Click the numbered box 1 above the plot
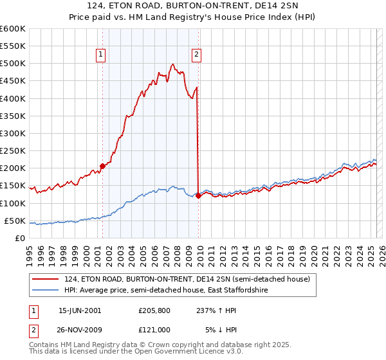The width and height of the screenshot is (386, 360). [x=102, y=55]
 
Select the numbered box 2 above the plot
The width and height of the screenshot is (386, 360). [x=196, y=55]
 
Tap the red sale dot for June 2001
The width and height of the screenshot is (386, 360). [x=102, y=166]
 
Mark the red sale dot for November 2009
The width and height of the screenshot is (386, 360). [x=198, y=195]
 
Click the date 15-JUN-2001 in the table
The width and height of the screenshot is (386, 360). [x=80, y=310]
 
